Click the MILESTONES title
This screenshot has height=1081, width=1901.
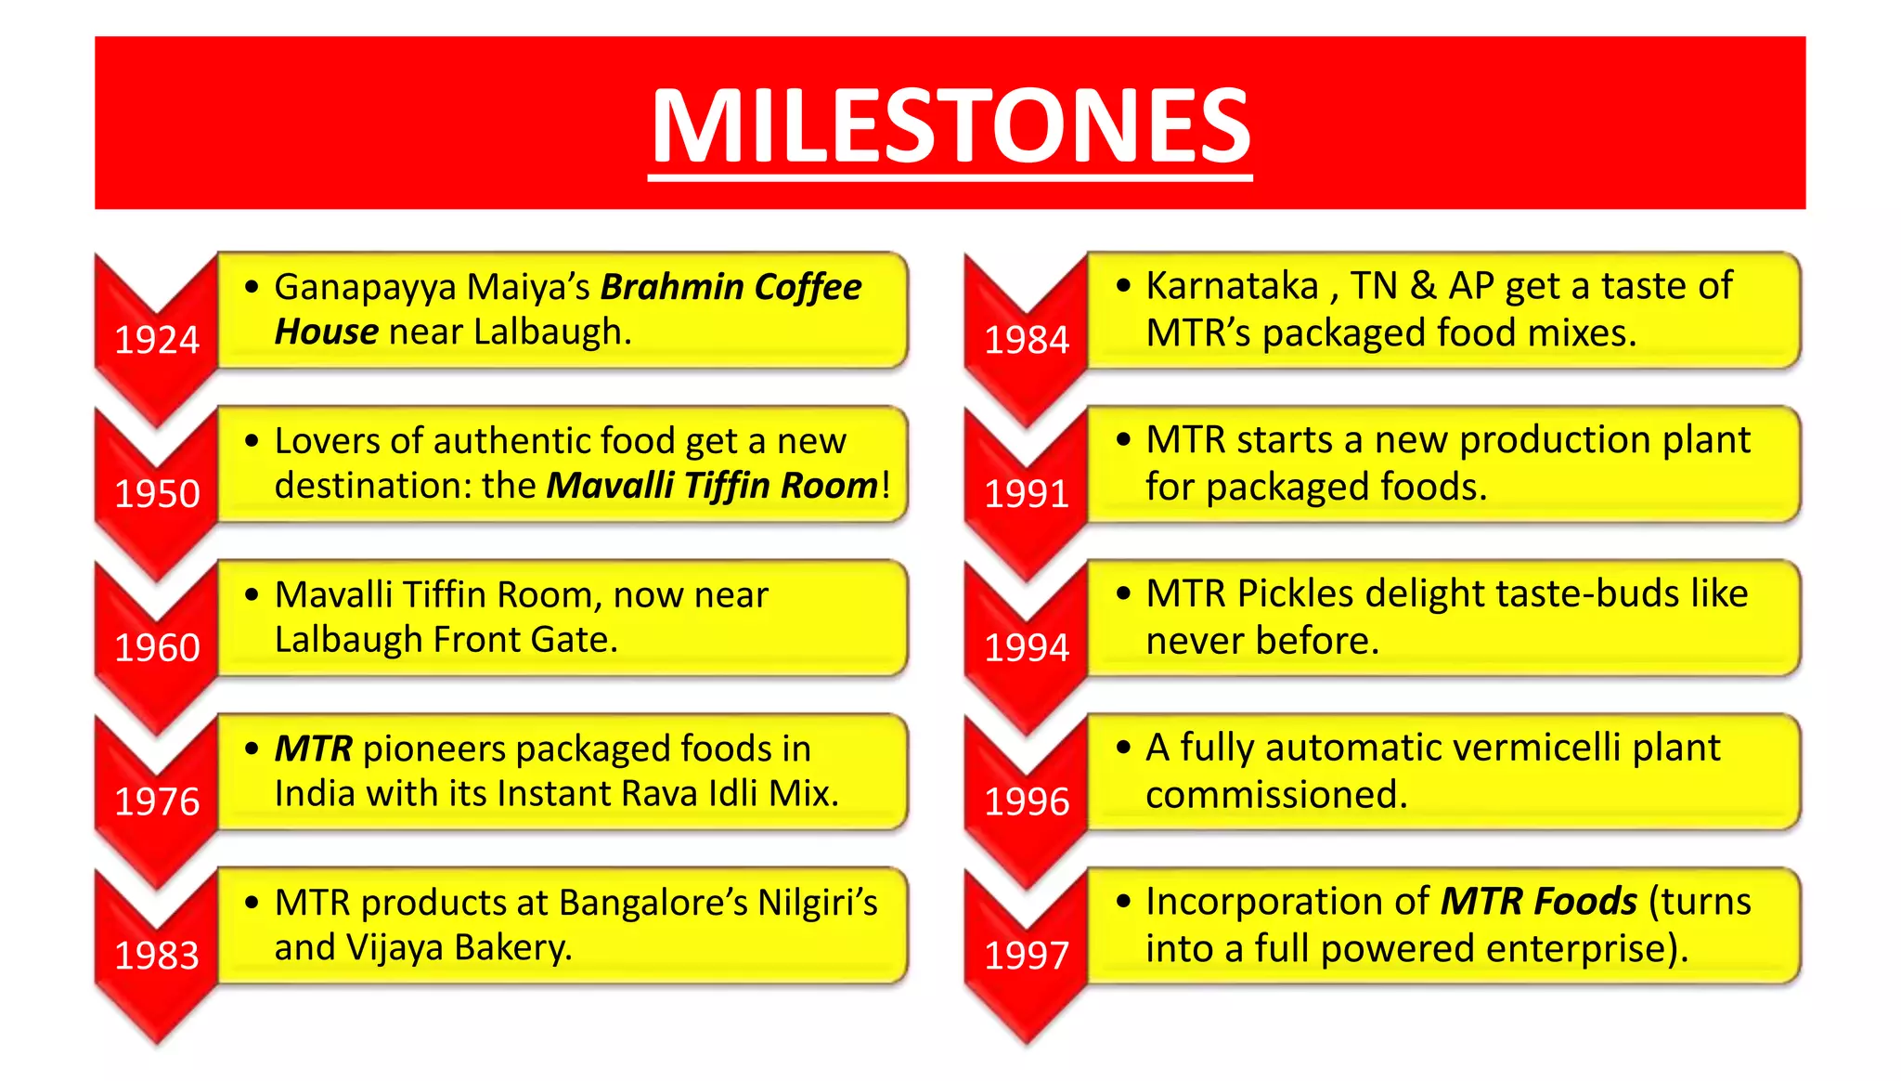click(950, 125)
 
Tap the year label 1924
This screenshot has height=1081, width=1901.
click(157, 340)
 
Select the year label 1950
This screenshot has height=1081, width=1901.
click(157, 494)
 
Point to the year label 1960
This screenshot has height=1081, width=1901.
click(157, 647)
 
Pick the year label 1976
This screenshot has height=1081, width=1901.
click(157, 801)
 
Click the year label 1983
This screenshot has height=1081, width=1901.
click(157, 956)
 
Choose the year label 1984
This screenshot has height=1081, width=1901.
click(1027, 340)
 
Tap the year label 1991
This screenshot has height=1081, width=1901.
click(1027, 494)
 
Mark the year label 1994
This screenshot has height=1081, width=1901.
click(1027, 647)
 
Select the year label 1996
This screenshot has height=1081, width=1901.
click(1027, 801)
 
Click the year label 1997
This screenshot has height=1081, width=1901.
click(1027, 956)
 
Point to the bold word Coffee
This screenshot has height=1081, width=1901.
click(808, 287)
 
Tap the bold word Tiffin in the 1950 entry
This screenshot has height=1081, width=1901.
click(727, 486)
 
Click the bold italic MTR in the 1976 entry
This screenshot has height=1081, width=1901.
click(314, 749)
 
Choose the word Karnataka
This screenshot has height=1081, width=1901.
click(1233, 286)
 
